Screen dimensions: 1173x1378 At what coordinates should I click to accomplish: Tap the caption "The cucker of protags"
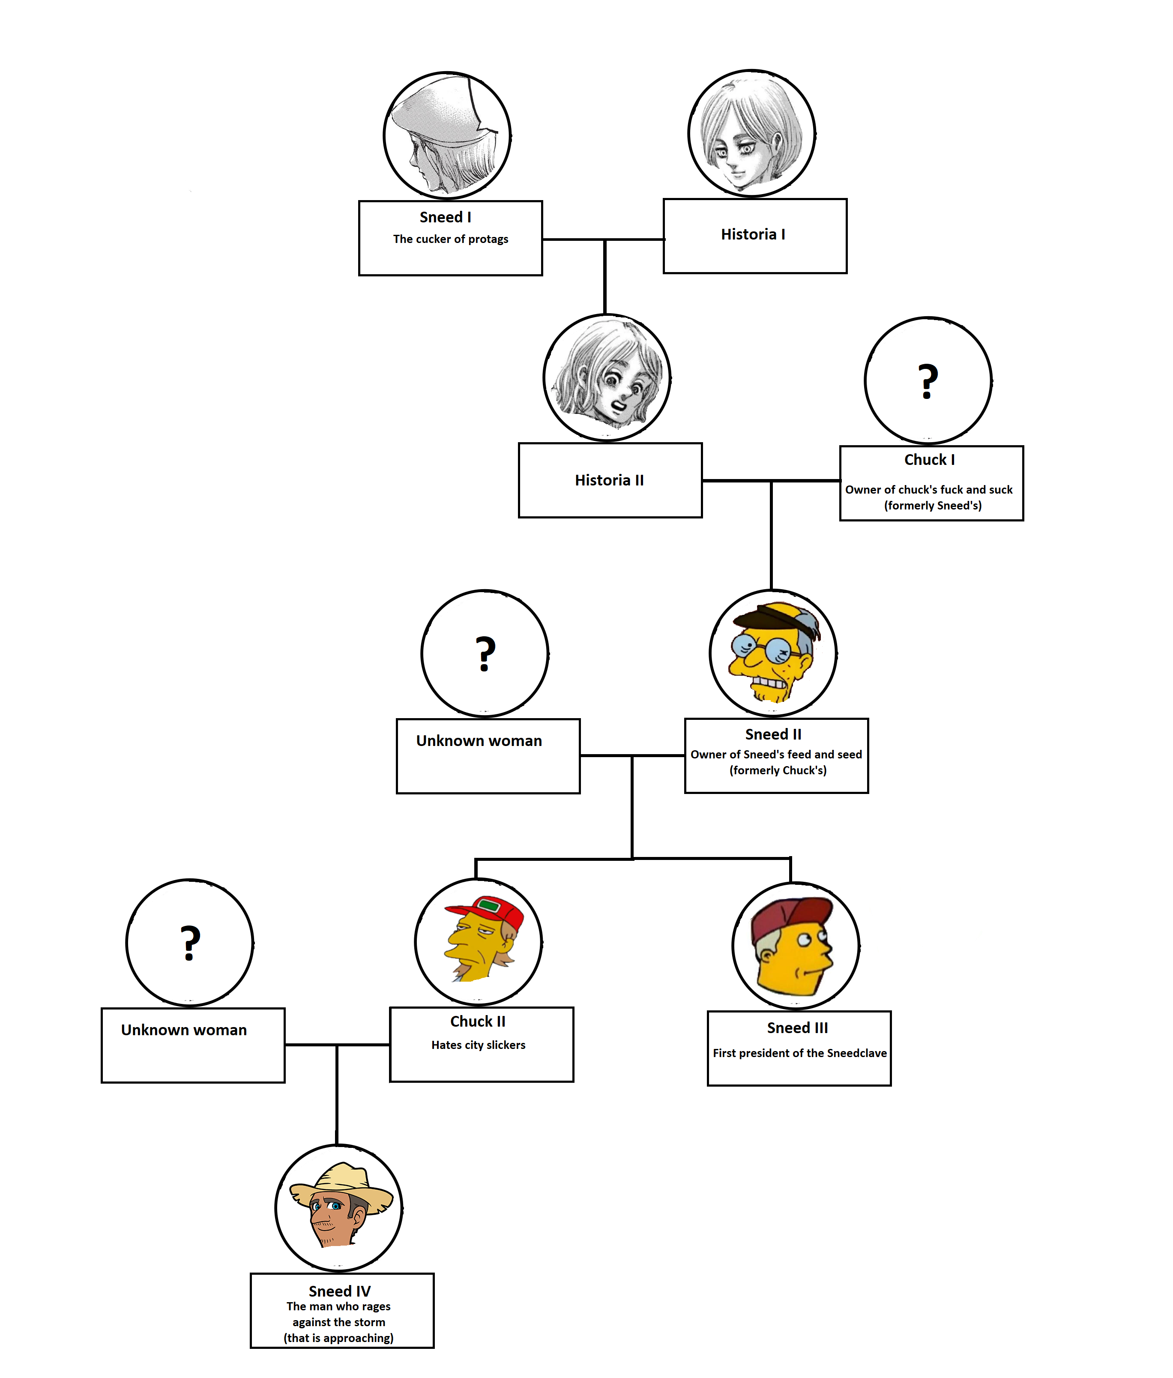click(450, 239)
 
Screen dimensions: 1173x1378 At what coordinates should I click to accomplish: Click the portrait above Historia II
click(607, 377)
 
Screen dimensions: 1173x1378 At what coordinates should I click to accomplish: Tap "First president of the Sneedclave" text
click(799, 1053)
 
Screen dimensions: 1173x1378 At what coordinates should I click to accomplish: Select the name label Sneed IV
click(339, 1291)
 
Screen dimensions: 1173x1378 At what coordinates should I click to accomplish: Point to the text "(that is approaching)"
click(338, 1337)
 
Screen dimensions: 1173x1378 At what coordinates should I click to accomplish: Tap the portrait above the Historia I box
click(751, 133)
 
